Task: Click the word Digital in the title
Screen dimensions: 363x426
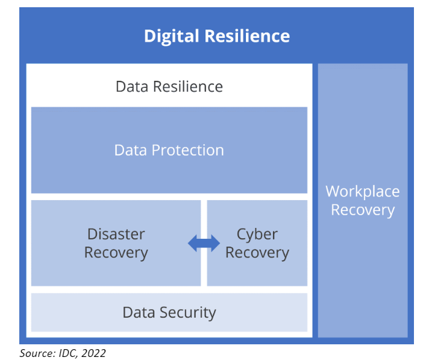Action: [x=171, y=36]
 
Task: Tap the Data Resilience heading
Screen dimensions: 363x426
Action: [x=169, y=86]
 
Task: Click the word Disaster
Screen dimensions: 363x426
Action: [x=116, y=234]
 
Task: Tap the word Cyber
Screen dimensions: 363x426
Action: [x=257, y=234]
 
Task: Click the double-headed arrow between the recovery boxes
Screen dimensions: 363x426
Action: [x=204, y=243]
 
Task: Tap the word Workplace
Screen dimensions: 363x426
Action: [x=363, y=192]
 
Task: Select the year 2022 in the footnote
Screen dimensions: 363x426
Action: [x=96, y=353]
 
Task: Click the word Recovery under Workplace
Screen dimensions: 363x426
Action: [x=363, y=210]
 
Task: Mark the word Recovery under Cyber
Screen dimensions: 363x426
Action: [x=257, y=253]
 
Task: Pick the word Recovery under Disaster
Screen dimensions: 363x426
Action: [x=116, y=253]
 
